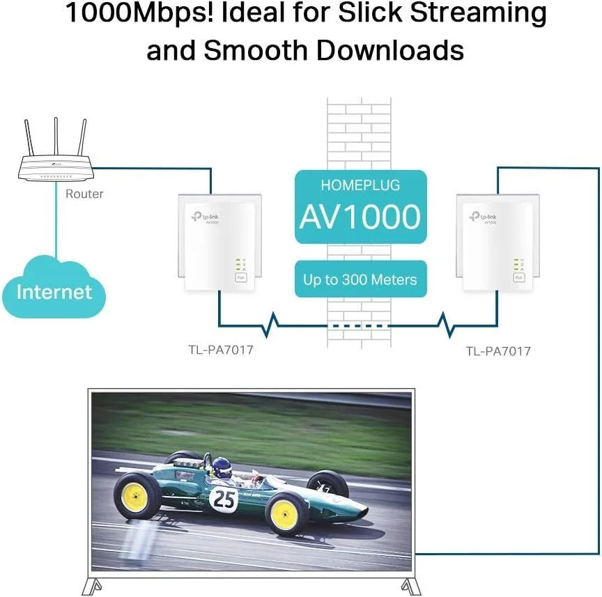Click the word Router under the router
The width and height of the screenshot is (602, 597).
(x=84, y=194)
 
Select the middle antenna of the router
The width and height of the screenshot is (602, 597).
(x=56, y=137)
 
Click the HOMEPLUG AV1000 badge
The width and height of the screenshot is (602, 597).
(x=360, y=207)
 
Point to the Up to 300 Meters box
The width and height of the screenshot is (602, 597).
(x=360, y=279)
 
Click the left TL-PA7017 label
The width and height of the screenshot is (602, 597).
(x=221, y=350)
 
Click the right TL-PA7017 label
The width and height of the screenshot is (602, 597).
(x=498, y=351)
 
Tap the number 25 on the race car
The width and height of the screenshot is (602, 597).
(x=224, y=499)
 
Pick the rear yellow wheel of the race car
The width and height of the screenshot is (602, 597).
(x=136, y=496)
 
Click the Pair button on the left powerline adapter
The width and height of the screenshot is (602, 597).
(x=240, y=277)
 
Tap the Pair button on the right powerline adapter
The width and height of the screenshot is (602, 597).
(x=518, y=277)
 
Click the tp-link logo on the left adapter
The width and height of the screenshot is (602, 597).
(x=206, y=217)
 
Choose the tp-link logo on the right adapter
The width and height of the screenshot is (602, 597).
(x=483, y=217)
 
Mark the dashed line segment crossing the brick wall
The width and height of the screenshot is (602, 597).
(x=359, y=326)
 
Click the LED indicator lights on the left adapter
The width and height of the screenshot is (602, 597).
(x=240, y=265)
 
